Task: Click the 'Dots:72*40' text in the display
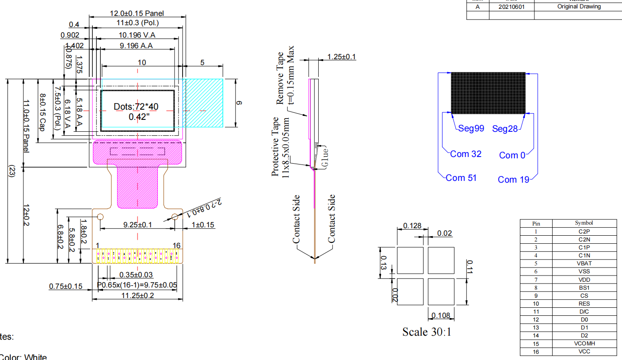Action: (136, 107)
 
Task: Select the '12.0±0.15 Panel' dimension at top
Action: (136, 14)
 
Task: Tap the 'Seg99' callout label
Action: (471, 129)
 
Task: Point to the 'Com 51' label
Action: (462, 178)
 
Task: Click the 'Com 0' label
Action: (513, 155)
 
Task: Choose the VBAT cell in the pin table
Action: (584, 264)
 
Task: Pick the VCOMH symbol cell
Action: (584, 344)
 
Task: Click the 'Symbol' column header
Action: (584, 223)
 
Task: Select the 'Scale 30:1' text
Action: (427, 332)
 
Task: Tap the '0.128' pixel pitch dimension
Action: (412, 226)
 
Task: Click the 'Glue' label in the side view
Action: (325, 157)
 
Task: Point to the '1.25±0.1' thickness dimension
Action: (341, 57)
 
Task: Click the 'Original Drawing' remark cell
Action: (579, 7)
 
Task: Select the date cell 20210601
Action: (511, 7)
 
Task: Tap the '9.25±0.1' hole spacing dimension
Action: (137, 225)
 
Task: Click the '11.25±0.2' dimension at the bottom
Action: (137, 295)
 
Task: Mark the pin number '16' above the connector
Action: (176, 245)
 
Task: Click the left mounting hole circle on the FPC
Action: (100, 217)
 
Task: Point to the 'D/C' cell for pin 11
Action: (584, 312)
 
